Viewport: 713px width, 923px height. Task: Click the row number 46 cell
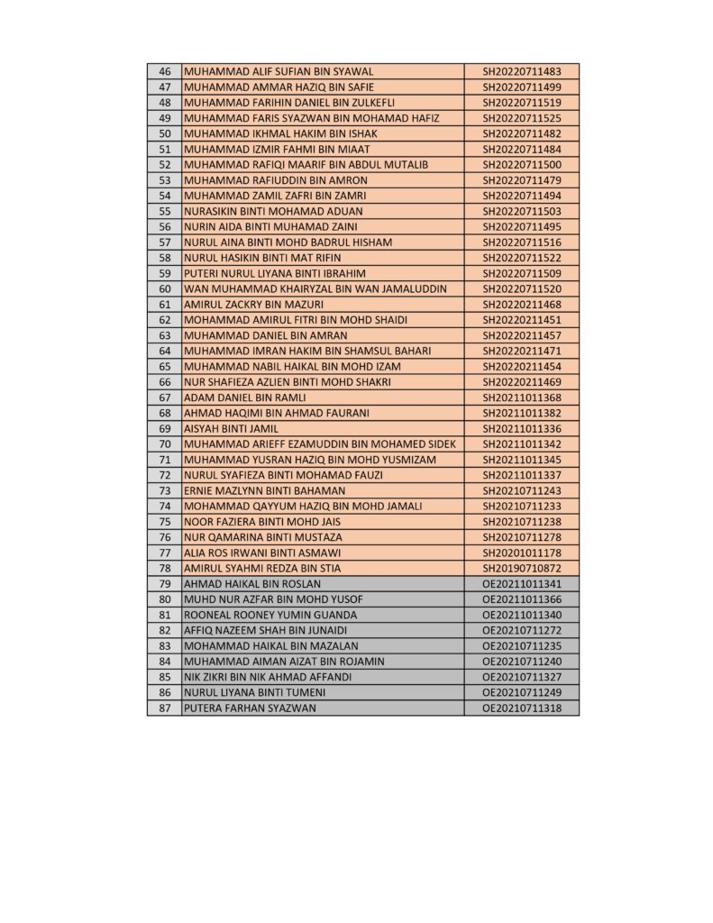point(164,71)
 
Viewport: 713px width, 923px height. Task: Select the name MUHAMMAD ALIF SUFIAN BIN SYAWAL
point(279,71)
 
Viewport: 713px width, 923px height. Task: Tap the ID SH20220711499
point(522,87)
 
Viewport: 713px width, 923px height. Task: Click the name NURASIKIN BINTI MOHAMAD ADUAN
point(273,211)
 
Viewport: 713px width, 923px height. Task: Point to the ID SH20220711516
point(522,242)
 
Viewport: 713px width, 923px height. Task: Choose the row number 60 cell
point(164,289)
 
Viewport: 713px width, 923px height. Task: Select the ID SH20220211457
point(522,335)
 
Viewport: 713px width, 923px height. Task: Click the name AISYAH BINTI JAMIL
point(231,429)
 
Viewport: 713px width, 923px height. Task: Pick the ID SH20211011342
point(522,444)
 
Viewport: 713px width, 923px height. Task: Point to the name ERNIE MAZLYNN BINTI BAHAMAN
point(264,491)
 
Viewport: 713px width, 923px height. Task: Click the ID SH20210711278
point(522,537)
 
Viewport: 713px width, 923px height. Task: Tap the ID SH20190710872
point(522,569)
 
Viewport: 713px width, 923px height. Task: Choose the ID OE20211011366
point(522,599)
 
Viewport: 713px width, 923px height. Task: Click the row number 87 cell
point(164,708)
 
